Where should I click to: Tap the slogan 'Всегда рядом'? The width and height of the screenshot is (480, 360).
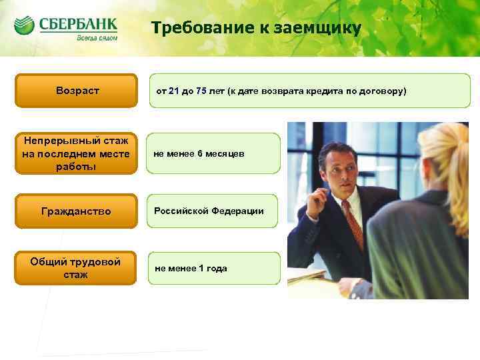click(x=98, y=39)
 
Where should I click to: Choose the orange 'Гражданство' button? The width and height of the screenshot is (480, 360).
click(x=76, y=211)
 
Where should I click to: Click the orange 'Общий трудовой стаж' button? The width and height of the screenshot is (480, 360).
click(x=76, y=268)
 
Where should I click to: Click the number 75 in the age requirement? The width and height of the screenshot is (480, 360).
click(x=201, y=90)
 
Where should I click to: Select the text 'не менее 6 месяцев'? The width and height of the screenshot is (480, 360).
click(x=199, y=154)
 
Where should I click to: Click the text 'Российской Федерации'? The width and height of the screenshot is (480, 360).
click(x=209, y=211)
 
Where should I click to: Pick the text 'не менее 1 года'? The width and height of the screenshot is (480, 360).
click(x=191, y=269)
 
